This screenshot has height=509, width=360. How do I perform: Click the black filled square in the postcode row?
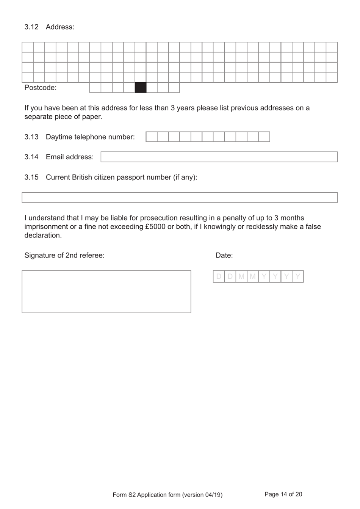141,88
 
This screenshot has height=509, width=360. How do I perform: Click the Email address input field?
219,157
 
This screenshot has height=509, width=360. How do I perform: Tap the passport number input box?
179,198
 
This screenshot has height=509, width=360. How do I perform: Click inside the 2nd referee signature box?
106,292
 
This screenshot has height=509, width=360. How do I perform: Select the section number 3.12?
31,27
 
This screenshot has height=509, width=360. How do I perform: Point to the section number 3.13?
31,137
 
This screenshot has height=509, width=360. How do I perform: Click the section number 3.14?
31,157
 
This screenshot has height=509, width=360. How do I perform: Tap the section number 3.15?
31,178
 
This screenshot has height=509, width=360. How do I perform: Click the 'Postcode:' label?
41,88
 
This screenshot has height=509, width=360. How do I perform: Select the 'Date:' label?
224,256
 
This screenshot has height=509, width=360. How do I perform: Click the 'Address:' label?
60,27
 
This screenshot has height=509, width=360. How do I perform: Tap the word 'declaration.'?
43,236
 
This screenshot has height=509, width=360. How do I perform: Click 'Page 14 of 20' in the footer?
283,494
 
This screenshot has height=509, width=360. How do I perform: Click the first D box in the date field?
219,276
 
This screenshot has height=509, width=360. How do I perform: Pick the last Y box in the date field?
298,276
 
